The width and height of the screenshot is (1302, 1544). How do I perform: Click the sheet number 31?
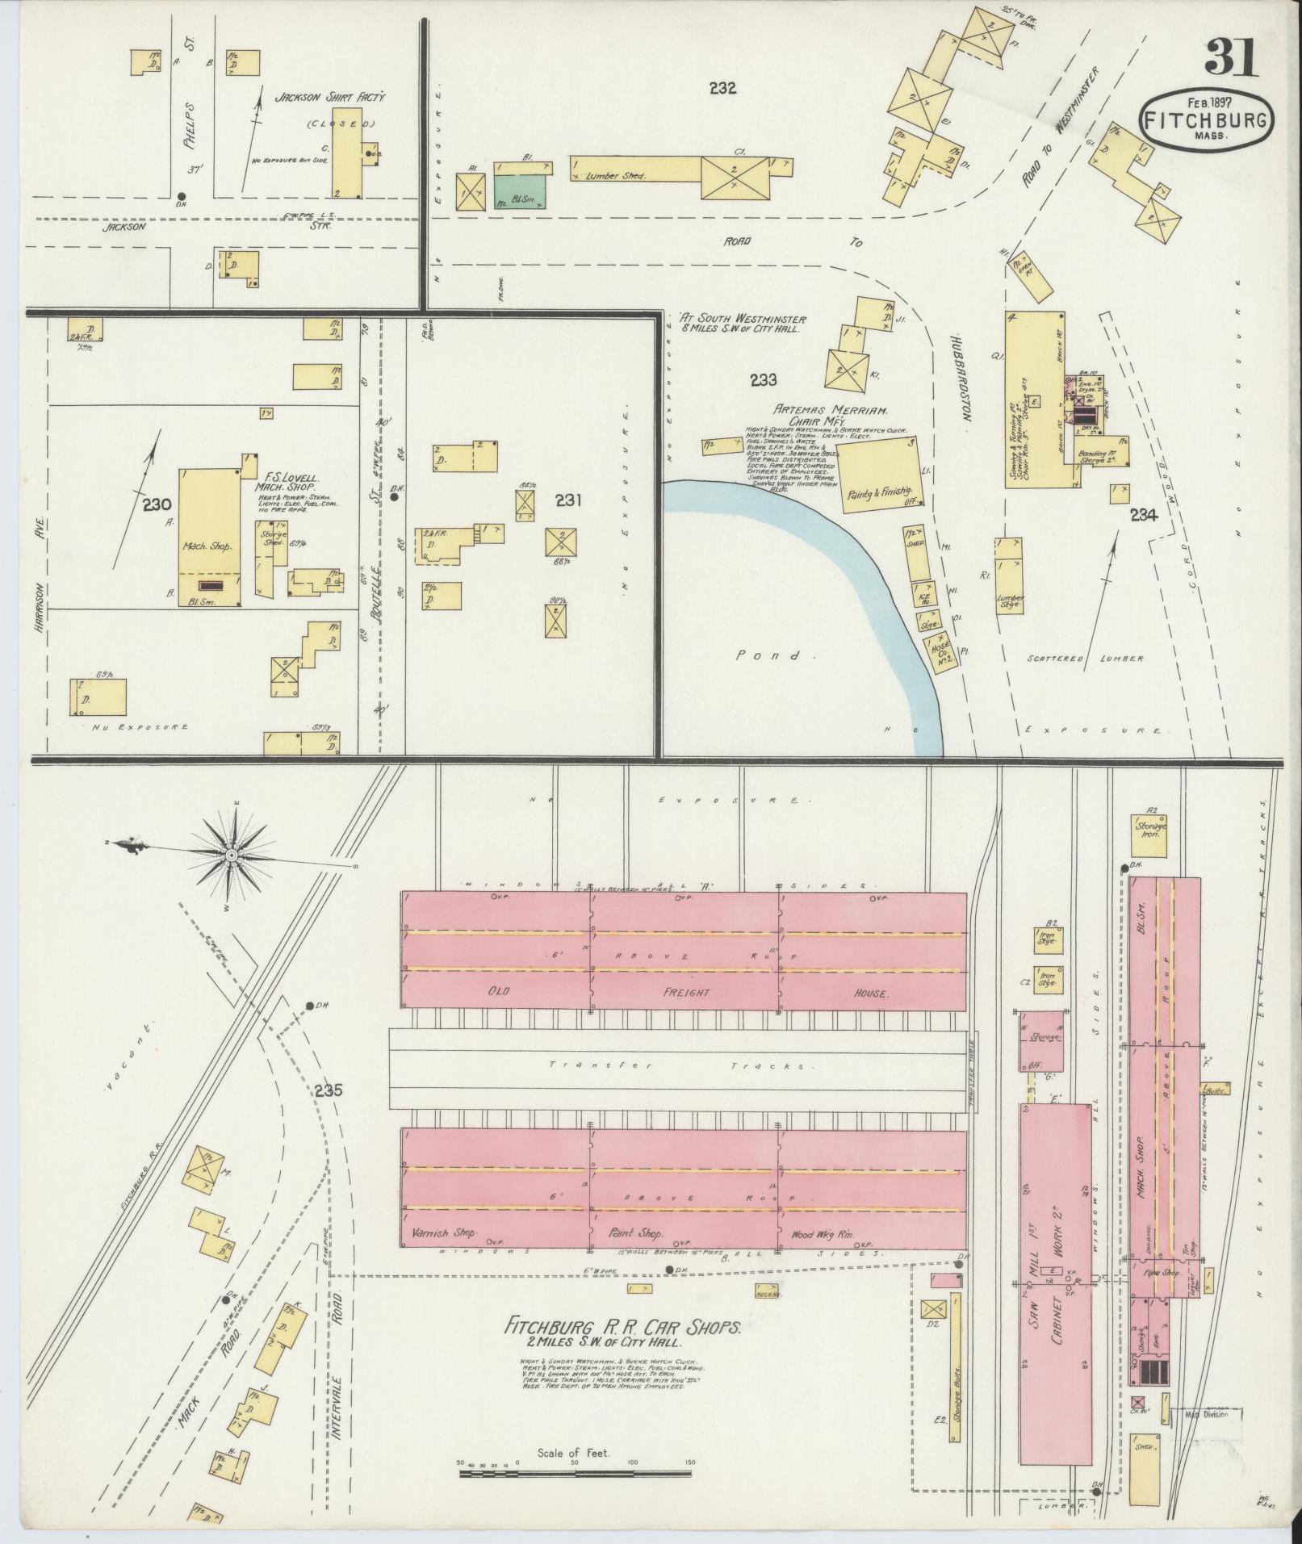click(x=1230, y=58)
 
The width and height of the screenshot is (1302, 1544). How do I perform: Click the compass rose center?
click(x=231, y=854)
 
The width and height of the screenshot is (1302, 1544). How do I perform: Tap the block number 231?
click(x=568, y=500)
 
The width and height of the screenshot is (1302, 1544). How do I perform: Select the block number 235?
click(x=329, y=1091)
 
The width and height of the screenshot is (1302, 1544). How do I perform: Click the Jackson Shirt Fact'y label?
click(x=331, y=97)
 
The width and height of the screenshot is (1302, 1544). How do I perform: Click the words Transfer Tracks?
click(x=678, y=1065)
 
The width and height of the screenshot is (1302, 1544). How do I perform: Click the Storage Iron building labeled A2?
click(x=1148, y=829)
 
